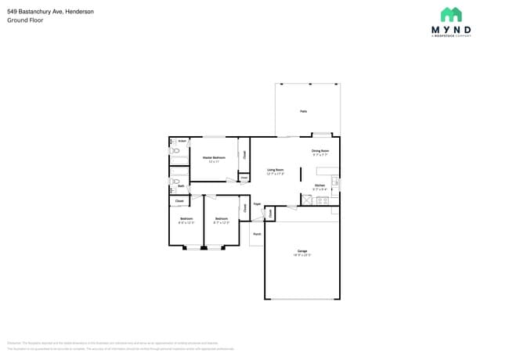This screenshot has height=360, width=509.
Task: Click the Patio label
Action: click(303, 112)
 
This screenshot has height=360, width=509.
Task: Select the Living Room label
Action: click(275, 170)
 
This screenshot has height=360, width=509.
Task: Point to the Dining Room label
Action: click(320, 150)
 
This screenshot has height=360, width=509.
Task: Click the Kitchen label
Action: click(319, 185)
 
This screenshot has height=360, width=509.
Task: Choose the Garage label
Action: click(302, 251)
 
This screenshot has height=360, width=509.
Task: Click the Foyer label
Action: click(257, 203)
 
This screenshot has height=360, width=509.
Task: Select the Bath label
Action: click(181, 186)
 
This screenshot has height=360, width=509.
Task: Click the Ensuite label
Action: click(182, 141)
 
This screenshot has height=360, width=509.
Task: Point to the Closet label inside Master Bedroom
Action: click(244, 155)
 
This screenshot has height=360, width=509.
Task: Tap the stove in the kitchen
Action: click(321, 200)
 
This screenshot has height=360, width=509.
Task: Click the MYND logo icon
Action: click(451, 15)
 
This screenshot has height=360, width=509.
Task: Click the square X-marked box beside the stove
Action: click(309, 200)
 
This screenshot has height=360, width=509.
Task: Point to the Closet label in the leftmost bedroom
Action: click(179, 201)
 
